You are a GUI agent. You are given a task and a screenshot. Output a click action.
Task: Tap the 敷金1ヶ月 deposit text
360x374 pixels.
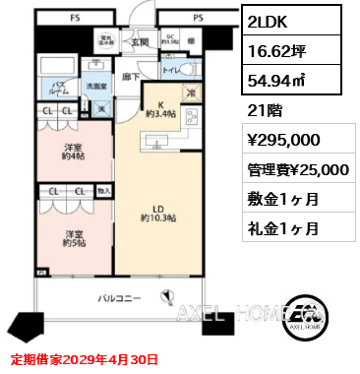point(278,199)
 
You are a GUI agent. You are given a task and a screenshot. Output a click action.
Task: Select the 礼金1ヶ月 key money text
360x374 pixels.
point(278,227)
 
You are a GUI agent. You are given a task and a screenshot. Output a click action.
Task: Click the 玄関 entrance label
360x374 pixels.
point(139,41)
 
